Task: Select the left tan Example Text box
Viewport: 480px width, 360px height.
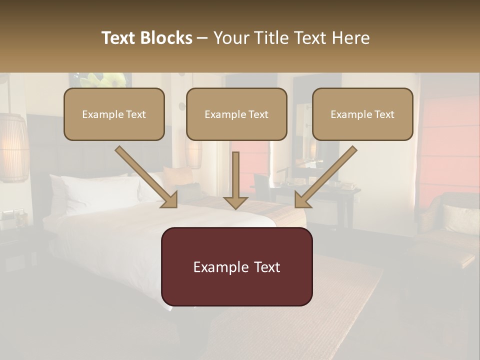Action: [x=114, y=114]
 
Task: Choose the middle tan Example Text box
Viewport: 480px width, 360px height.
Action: [x=236, y=114]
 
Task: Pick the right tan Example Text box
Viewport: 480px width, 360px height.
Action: [x=362, y=114]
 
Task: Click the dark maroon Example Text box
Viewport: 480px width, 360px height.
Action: [x=236, y=267]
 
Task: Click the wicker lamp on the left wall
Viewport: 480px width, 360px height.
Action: [x=13, y=147]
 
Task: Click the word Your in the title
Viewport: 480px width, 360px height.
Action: [x=231, y=38]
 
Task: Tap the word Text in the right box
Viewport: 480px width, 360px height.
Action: [x=383, y=114]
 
